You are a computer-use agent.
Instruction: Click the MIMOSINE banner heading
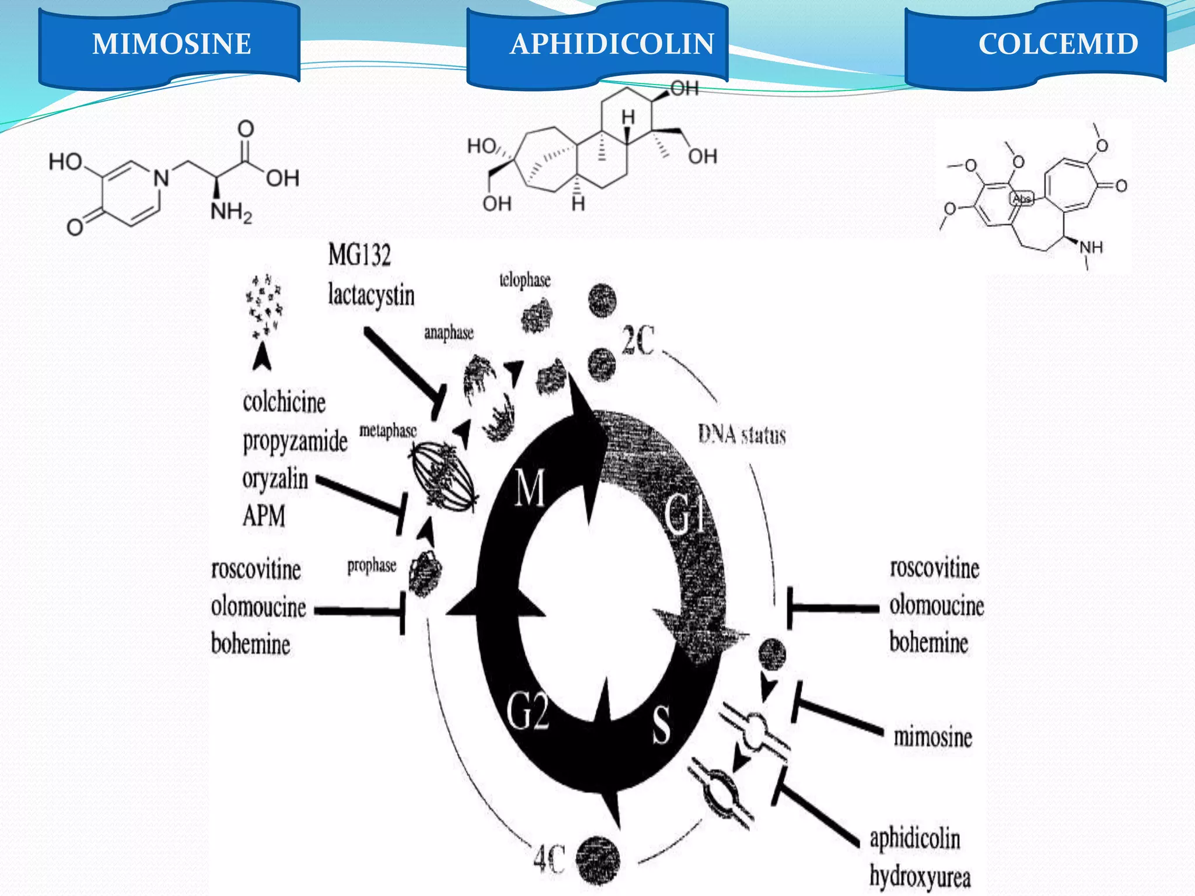[x=172, y=44]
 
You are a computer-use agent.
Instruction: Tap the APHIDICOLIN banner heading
[x=612, y=44]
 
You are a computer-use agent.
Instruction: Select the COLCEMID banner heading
[x=1058, y=44]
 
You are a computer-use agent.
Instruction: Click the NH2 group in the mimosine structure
[x=231, y=212]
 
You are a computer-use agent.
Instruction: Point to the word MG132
[x=359, y=255]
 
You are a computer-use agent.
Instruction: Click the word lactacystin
[x=371, y=295]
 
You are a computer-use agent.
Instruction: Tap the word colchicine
[x=284, y=402]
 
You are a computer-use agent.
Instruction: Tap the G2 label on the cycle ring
[x=527, y=712]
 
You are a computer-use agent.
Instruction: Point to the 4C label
[x=549, y=859]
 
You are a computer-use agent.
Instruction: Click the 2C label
[x=638, y=340]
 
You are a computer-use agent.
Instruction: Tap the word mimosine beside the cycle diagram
[x=932, y=737]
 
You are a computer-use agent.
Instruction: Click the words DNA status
[x=742, y=435]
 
